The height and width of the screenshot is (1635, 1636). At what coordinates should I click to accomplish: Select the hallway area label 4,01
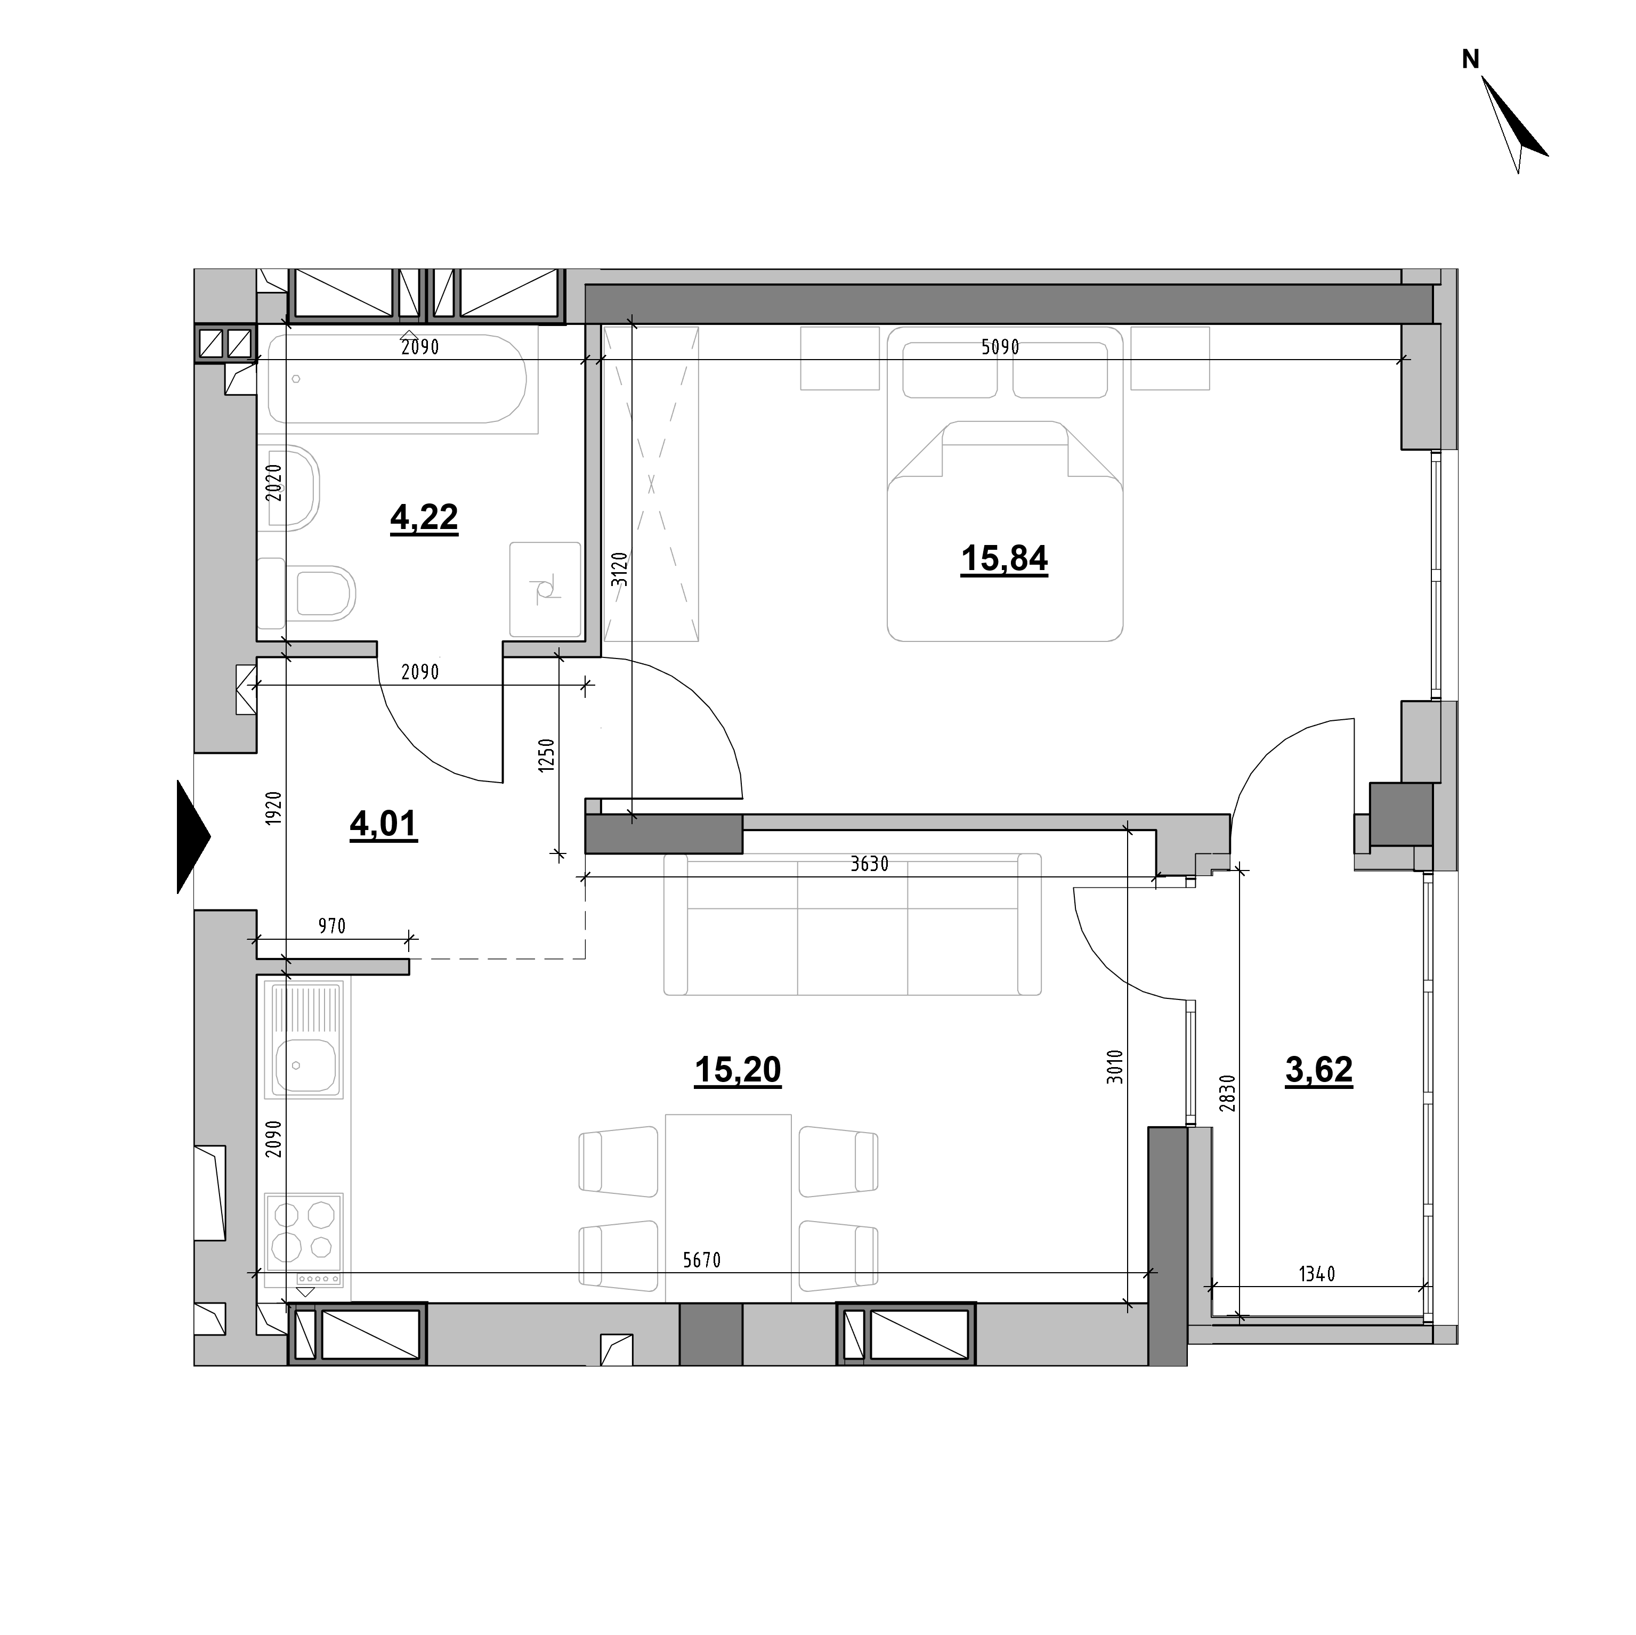pos(384,823)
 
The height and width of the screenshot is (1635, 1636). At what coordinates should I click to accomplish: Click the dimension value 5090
pos(1000,347)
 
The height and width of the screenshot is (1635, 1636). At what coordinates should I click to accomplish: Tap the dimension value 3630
pos(870,864)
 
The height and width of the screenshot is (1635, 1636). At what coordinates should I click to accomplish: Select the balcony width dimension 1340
pos(1317,1297)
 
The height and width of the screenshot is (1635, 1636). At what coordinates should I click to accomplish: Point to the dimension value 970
pos(332,926)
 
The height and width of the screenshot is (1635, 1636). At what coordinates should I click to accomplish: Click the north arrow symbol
pos(1515,125)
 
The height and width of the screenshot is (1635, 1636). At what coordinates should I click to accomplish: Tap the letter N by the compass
pos(1471,59)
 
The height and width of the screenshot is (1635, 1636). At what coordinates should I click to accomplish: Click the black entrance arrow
pos(193,836)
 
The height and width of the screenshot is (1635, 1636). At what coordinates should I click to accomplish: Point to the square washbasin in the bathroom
pos(545,589)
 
